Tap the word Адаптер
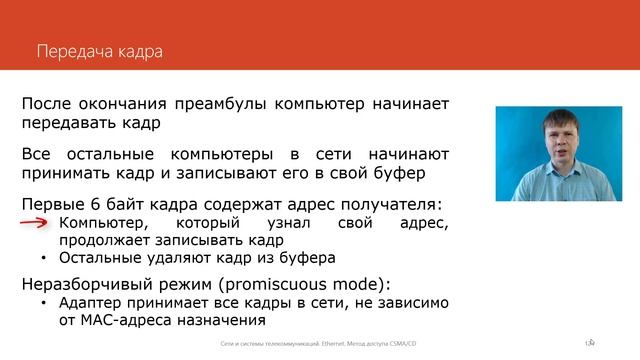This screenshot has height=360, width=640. [x=93, y=302]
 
